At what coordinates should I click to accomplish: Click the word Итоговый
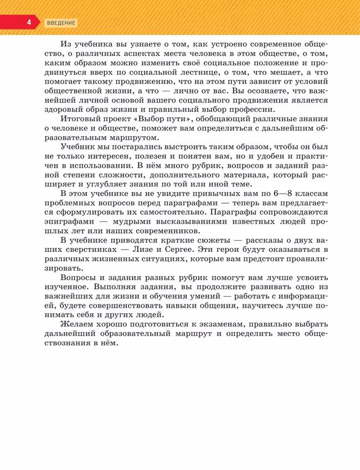tap(81, 120)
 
